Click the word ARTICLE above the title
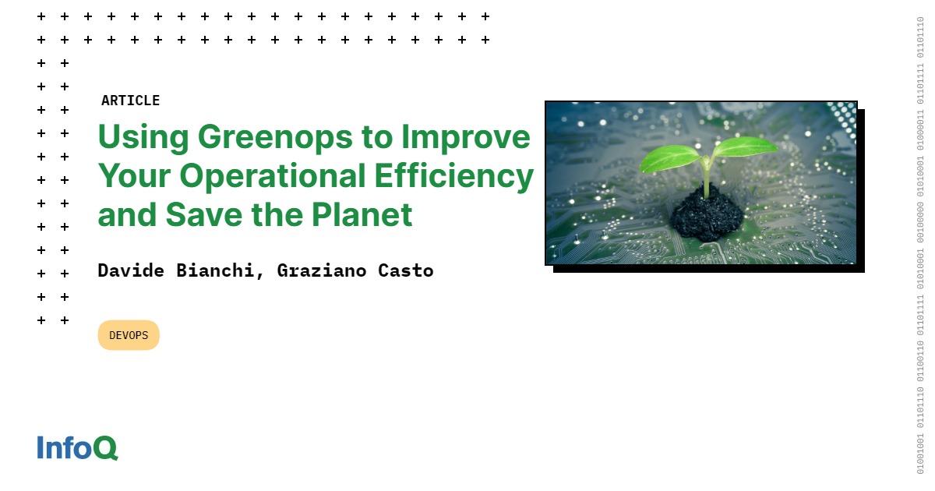130,101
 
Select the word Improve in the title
465,137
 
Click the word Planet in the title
362,214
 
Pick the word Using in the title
143,137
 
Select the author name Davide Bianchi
181,270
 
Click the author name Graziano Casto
355,270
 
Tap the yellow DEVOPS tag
129,335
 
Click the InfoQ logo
77,447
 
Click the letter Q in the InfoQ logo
105,448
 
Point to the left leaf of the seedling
669,157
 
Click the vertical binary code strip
920,245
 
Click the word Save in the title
205,214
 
